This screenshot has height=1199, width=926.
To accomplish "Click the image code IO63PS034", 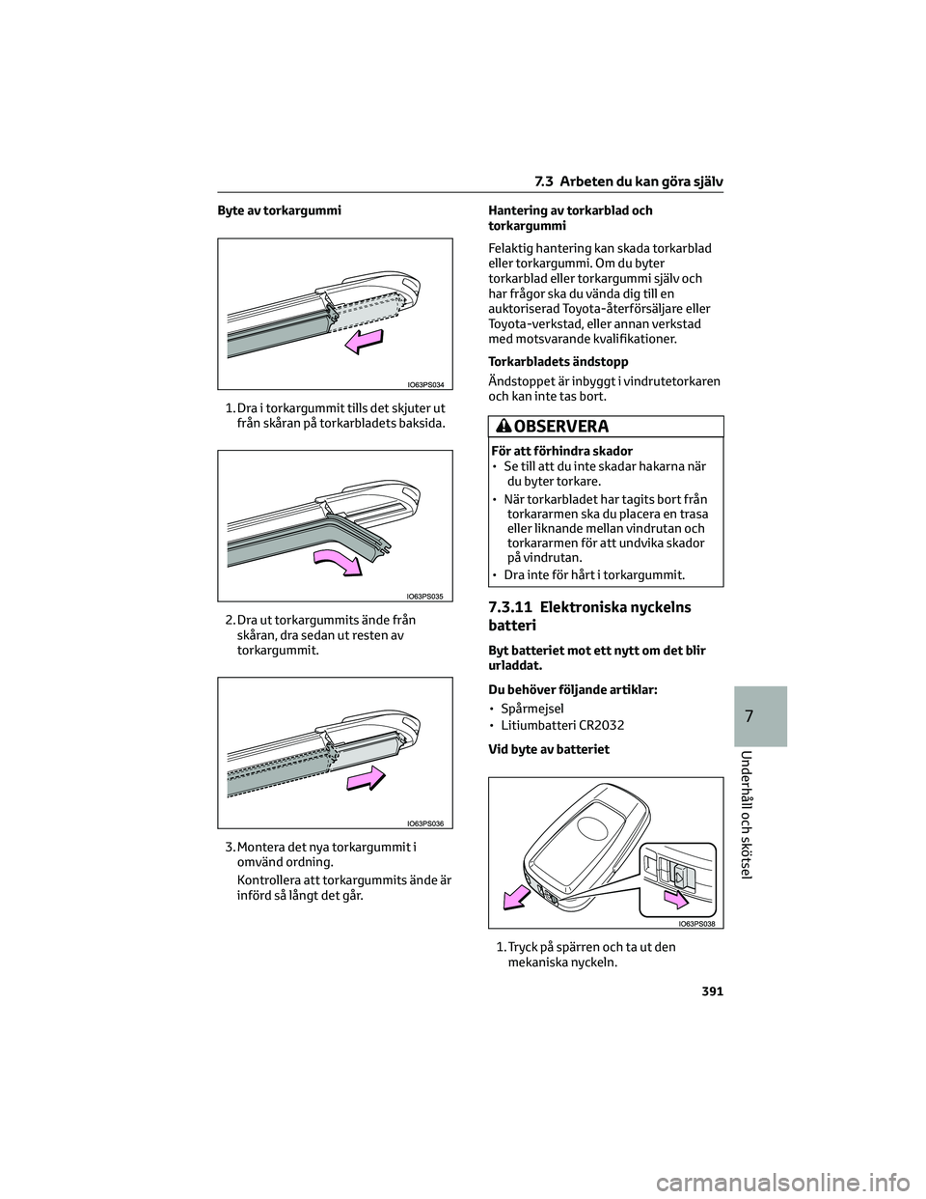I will pyautogui.click(x=424, y=383).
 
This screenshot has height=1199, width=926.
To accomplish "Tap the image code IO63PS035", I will pyautogui.click(x=424, y=597).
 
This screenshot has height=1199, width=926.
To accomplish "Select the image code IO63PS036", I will pyautogui.click(x=424, y=823).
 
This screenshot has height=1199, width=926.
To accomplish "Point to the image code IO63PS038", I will pyautogui.click(x=694, y=924).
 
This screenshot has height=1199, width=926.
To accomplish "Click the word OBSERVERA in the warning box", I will pyautogui.click(x=561, y=427).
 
